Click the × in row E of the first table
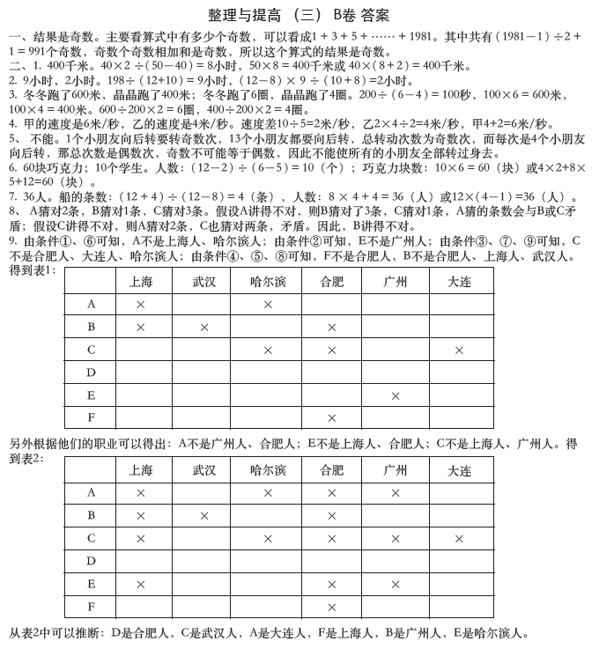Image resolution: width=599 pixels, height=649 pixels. [x=396, y=395]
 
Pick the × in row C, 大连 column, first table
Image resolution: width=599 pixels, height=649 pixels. [x=459, y=350]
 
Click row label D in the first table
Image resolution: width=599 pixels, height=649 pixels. [x=92, y=372]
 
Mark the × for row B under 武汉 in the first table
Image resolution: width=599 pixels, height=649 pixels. [x=204, y=327]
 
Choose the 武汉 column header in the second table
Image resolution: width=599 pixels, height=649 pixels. [x=204, y=470]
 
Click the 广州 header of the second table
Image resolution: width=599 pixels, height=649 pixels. [x=396, y=470]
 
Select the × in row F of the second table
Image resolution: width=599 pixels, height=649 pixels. [x=332, y=607]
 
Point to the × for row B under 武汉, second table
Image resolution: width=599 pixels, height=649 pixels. [x=204, y=516]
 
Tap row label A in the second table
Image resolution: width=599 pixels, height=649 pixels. [x=92, y=493]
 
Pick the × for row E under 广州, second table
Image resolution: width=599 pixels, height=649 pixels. [x=396, y=584]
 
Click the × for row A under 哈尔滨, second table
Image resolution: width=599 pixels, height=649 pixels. [x=268, y=493]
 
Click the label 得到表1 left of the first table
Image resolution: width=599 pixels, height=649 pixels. [x=32, y=270]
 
